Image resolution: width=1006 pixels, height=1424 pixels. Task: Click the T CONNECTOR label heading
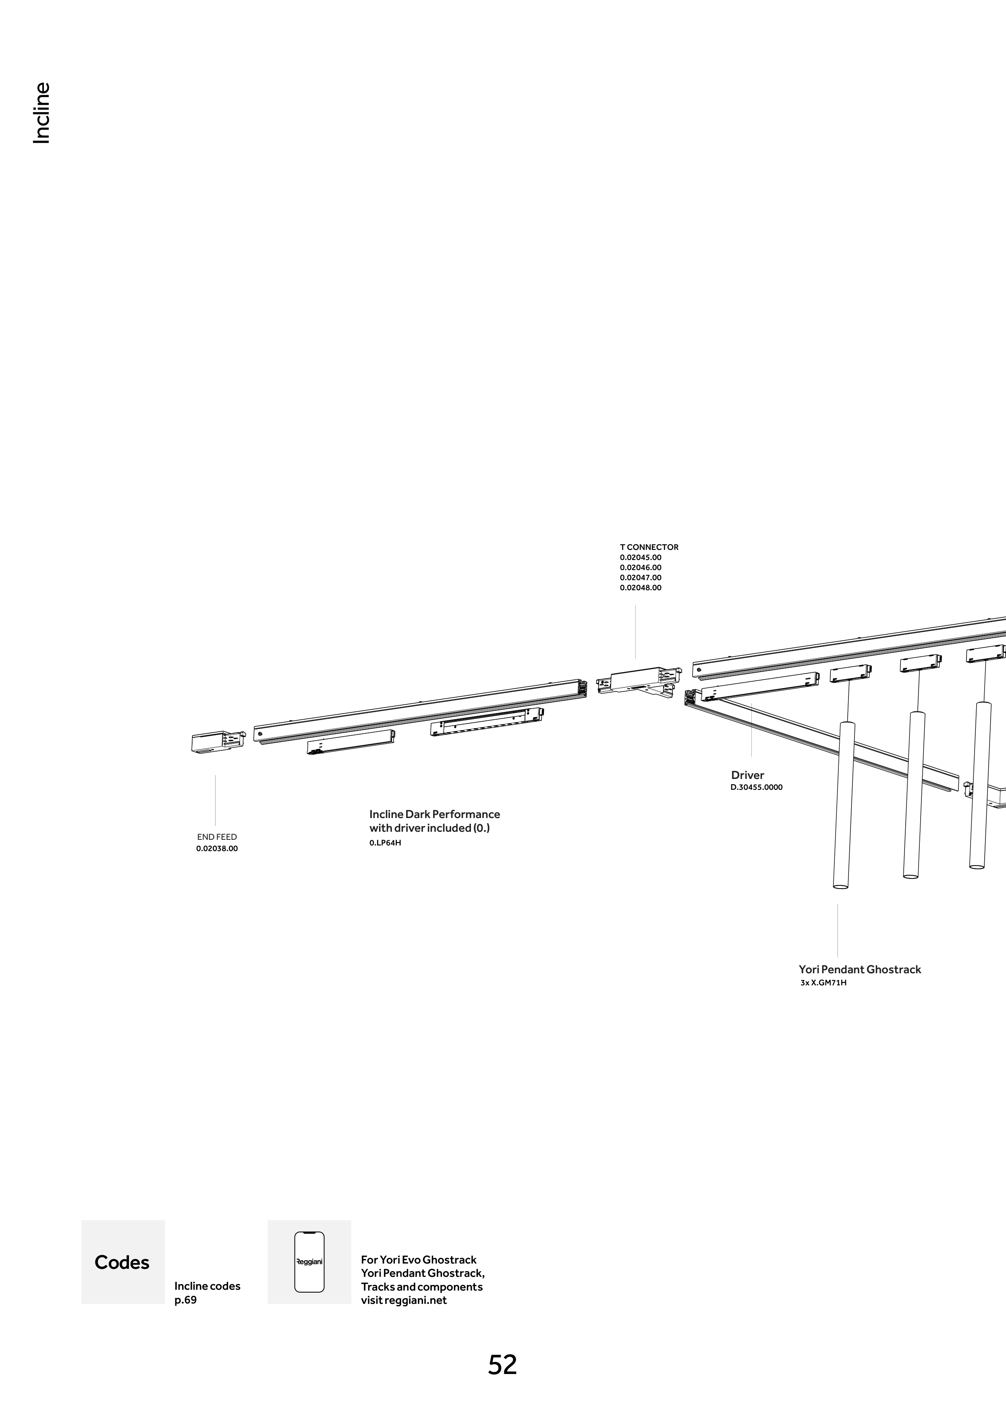(x=649, y=547)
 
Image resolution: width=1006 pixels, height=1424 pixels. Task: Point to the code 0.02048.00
(x=640, y=588)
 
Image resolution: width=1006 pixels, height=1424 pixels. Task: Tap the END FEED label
(x=217, y=837)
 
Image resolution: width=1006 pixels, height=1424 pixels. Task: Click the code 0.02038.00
(x=217, y=848)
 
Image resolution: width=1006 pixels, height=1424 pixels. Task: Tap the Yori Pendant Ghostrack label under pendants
(x=860, y=969)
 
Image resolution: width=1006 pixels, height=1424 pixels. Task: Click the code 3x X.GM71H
(x=823, y=983)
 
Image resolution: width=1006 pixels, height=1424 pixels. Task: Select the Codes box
(x=123, y=1262)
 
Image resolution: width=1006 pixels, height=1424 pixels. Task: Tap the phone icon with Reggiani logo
(x=309, y=1262)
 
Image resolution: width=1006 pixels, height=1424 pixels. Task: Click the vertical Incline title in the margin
(x=41, y=114)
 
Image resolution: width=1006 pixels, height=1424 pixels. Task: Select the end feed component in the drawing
(x=217, y=742)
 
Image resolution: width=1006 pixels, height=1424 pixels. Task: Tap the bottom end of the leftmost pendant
(x=840, y=886)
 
